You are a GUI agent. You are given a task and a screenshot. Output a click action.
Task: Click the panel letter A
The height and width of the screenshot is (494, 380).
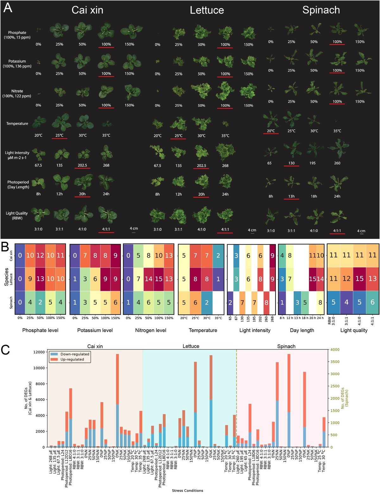coord(8,8)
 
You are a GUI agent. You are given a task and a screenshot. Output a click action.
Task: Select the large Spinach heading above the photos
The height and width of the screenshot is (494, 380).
coord(321,10)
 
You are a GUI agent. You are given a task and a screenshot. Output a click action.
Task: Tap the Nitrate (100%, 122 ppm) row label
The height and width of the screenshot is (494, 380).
coord(17,93)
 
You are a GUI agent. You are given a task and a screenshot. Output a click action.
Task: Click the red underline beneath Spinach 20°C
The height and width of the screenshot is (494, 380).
coord(271,134)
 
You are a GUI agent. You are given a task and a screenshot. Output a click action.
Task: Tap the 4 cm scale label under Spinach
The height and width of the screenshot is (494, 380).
coord(361,231)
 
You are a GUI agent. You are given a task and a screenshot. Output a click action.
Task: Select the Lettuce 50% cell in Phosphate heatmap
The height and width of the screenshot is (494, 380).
coord(40,279)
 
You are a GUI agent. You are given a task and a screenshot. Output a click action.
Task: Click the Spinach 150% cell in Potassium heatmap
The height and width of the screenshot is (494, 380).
coord(116,303)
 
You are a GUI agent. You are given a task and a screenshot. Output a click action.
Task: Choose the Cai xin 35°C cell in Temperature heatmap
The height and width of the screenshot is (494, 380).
coord(218,255)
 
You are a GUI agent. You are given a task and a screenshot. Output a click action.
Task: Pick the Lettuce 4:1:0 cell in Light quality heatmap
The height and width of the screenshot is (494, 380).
coord(359,279)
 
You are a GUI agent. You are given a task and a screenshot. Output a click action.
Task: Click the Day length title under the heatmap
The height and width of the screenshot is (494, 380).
coord(302,330)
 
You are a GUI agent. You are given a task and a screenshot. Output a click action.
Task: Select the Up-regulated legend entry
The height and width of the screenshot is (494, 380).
coord(72,359)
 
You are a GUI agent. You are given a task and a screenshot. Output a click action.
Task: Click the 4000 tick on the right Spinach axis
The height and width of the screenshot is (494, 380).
coord(335,350)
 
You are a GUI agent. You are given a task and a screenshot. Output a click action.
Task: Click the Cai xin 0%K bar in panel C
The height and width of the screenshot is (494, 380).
coord(117,401)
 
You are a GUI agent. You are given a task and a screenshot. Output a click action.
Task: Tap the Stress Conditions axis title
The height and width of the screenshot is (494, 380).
coord(187,491)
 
